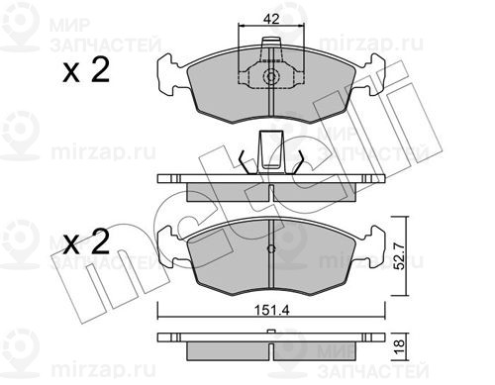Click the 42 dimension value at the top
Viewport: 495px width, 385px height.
(x=271, y=19)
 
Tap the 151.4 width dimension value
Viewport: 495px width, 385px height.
(x=271, y=311)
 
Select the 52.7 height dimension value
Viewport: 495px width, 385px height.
(x=399, y=255)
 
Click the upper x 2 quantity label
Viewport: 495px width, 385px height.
(x=86, y=70)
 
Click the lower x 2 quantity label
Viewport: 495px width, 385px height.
(x=86, y=242)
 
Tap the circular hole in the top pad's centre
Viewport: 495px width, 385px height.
(x=271, y=77)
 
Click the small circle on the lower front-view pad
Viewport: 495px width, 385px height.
(x=271, y=249)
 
